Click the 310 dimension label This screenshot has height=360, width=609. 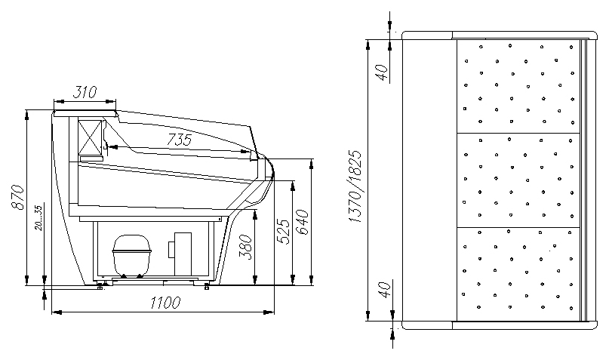[85, 92]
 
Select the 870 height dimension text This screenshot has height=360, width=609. [18, 197]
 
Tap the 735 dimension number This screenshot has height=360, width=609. [180, 139]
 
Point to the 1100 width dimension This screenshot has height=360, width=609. [166, 303]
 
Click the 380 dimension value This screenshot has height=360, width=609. [245, 246]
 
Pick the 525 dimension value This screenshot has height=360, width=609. [284, 232]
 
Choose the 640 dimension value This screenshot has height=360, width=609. [302, 222]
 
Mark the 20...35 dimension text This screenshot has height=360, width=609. [38, 218]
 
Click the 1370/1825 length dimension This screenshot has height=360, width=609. [355, 186]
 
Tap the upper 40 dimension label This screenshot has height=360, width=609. [383, 72]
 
